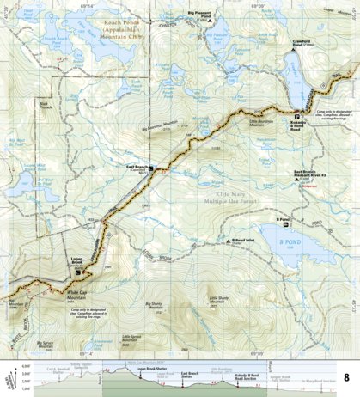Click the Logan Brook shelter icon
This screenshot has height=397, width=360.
coord(78,273)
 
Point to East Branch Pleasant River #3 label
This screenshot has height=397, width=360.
coord(307,173)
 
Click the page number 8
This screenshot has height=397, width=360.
coord(345,376)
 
